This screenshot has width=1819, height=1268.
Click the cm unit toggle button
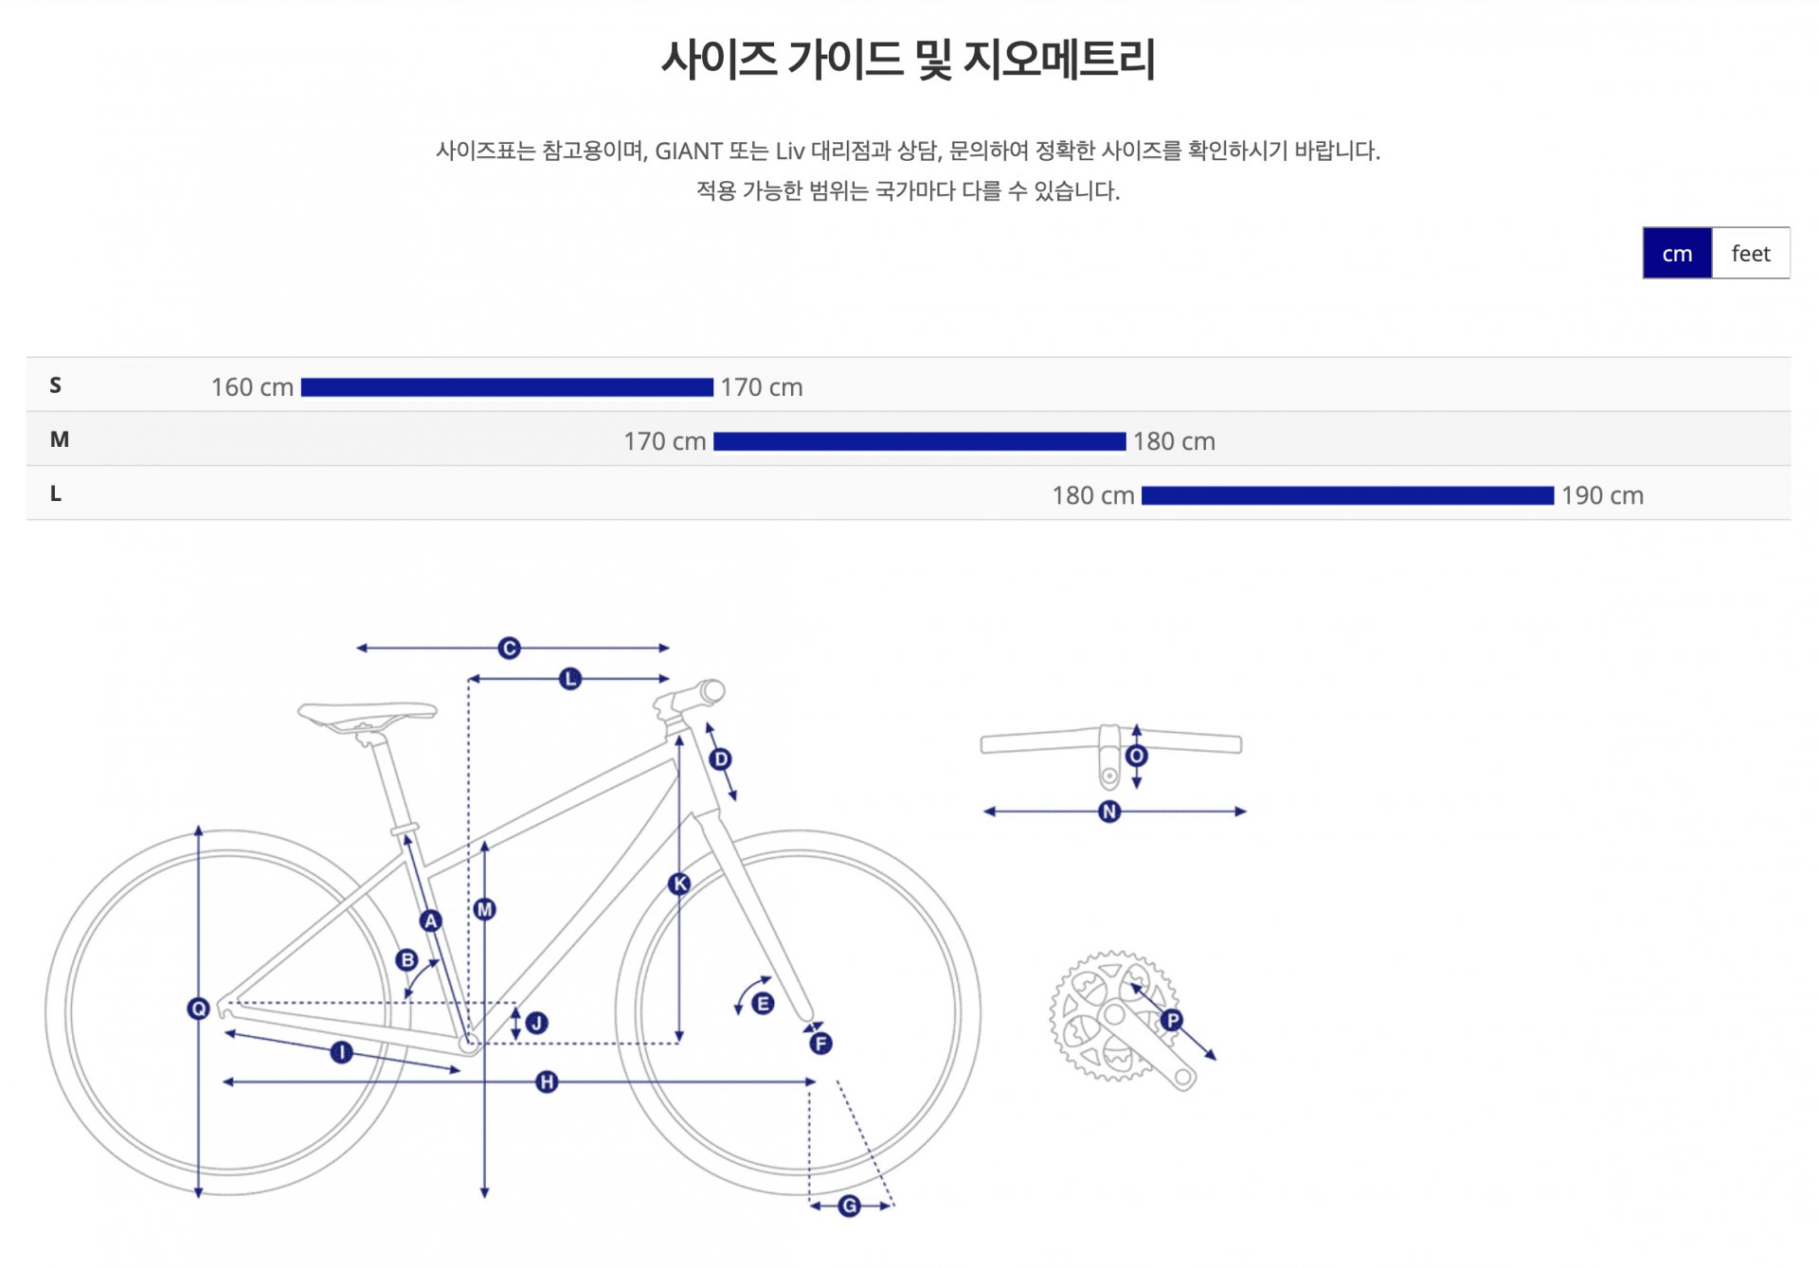point(1677,253)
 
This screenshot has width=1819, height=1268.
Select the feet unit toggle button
point(1751,253)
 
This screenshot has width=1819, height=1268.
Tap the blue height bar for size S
point(507,387)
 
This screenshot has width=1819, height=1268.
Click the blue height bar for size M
point(920,441)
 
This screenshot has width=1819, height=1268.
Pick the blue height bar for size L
point(1348,495)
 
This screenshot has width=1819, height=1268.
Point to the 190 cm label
point(1603,495)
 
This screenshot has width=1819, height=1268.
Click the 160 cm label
point(252,387)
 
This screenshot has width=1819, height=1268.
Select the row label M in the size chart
point(60,439)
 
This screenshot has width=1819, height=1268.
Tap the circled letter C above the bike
point(510,648)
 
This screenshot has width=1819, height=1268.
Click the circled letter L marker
point(570,679)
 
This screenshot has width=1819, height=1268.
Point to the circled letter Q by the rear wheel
point(198,1009)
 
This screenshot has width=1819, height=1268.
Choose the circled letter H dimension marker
point(547,1081)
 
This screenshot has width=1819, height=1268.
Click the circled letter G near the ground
point(850,1205)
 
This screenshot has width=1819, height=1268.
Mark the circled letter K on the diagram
point(679,884)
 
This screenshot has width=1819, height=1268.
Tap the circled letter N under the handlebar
point(1109,812)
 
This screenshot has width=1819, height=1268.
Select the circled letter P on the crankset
point(1172,1020)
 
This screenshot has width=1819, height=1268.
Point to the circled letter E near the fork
point(763,1004)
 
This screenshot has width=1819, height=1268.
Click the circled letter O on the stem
point(1137,756)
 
